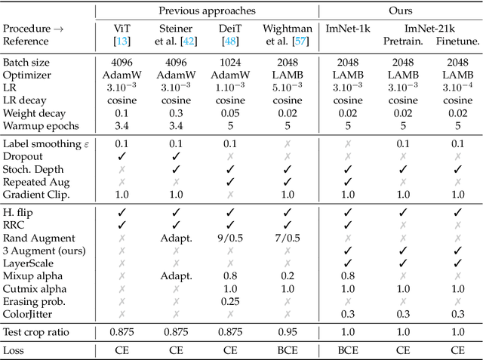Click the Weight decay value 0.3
pyautogui.click(x=176, y=112)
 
